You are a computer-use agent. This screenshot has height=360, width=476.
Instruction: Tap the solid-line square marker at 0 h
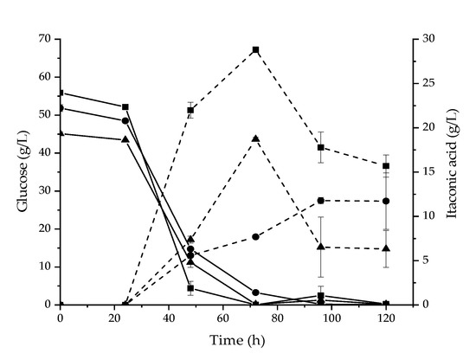pos(60,93)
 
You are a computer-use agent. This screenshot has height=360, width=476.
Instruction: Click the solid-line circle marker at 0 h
pos(60,108)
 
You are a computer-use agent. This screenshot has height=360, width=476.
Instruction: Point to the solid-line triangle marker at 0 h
pos(60,133)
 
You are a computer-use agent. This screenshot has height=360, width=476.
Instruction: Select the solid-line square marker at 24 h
pos(125,106)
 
